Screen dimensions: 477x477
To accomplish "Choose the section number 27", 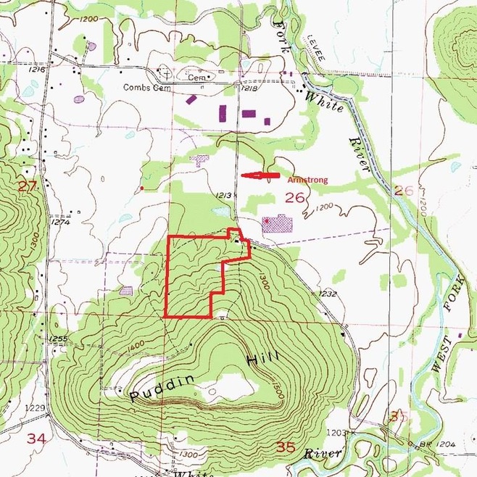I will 27,186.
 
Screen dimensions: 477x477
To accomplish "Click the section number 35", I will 286,447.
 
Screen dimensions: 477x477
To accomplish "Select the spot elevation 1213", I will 224,195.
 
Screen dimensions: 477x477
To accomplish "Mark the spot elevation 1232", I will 328,294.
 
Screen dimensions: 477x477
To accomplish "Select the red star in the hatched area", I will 267,219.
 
